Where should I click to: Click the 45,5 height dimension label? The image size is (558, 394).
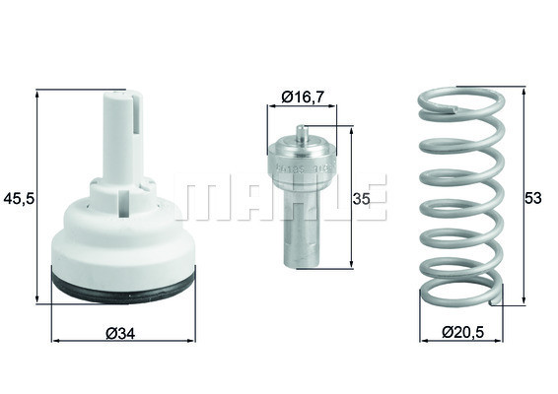[x=19, y=198]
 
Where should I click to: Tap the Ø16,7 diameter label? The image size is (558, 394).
[x=303, y=97]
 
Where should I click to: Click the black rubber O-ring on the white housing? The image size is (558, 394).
[x=123, y=288]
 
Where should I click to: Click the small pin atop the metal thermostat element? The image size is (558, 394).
[x=304, y=131]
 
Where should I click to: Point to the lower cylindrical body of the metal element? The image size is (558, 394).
[x=304, y=231]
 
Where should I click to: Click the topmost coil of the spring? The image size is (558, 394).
[x=459, y=101]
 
